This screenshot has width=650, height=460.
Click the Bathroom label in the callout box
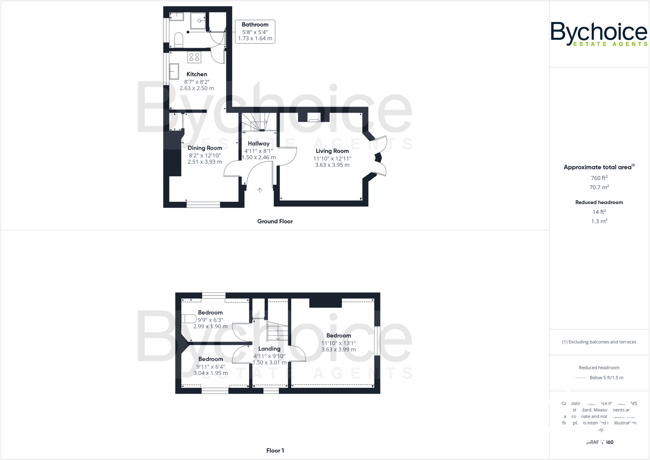pyautogui.click(x=255, y=24)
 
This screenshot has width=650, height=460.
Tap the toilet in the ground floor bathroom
pyautogui.click(x=179, y=40)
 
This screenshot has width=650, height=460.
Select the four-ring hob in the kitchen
pyautogui.click(x=194, y=57)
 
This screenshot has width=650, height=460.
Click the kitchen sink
pyautogui.click(x=174, y=71)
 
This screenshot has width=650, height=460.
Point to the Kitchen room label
pyautogui.click(x=197, y=74)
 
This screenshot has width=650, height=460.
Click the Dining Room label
pyautogui.click(x=205, y=148)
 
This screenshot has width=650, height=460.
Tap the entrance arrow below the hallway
pyautogui.click(x=260, y=190)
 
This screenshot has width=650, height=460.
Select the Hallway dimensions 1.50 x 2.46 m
pyautogui.click(x=259, y=157)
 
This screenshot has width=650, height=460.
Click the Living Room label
pyautogui.click(x=332, y=151)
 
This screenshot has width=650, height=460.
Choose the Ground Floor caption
pyautogui.click(x=275, y=221)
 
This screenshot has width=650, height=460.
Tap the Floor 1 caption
pyautogui.click(x=275, y=450)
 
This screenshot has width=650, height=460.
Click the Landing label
pyautogui.click(x=269, y=349)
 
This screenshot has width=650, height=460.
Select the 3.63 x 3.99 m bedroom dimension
pyautogui.click(x=338, y=350)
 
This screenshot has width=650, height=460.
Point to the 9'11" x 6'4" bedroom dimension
pyautogui.click(x=210, y=367)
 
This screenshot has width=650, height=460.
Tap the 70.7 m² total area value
pyautogui.click(x=599, y=187)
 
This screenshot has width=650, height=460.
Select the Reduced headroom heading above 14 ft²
pyautogui.click(x=599, y=202)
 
